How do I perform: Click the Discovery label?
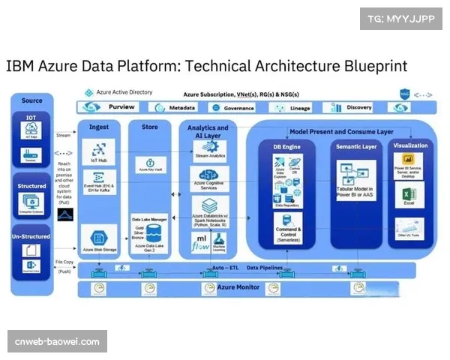pos(359,107)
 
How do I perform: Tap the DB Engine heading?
pos(287,147)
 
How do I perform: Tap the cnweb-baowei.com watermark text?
pos(57,342)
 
